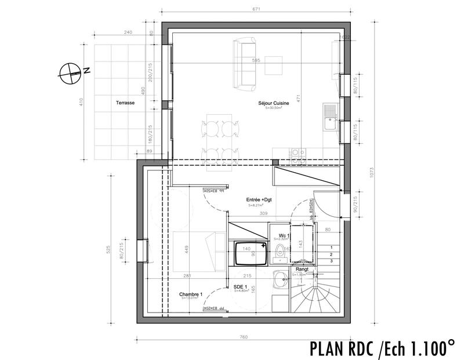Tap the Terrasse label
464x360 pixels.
(125, 102)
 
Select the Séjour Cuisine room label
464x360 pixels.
(273, 104)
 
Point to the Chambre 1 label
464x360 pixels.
(191, 294)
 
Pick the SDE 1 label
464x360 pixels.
(241, 287)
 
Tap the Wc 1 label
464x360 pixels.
(284, 235)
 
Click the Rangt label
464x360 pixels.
(302, 270)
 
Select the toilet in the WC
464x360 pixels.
(280, 250)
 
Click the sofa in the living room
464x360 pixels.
(244, 64)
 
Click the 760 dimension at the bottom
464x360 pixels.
(244, 337)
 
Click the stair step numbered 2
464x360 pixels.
(331, 254)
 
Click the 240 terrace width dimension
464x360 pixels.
(129, 33)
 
